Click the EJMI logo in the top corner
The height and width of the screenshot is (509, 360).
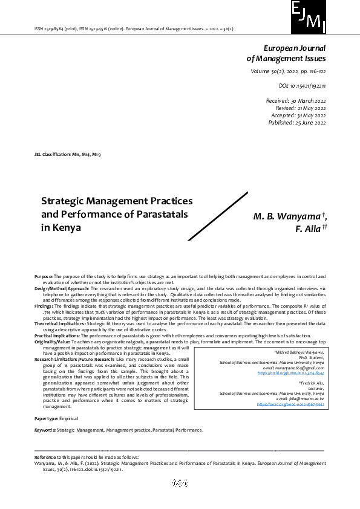point(308,17)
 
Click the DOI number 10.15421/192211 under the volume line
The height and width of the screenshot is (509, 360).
point(302,86)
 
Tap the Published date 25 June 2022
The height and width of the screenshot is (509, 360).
point(297,123)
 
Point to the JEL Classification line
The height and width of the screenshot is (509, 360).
point(68,155)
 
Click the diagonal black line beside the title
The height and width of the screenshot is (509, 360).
point(218,216)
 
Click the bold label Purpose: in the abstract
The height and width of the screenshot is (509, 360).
point(45,276)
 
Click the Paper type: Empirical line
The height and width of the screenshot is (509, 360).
point(56,418)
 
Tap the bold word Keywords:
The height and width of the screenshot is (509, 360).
point(44,430)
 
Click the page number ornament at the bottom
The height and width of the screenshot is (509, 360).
point(180,483)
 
